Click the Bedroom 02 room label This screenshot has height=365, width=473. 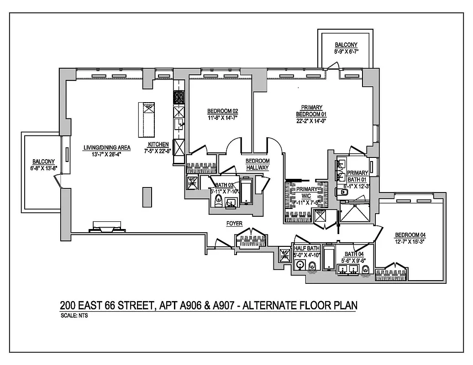[x=223, y=111]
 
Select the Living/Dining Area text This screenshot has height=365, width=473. [x=107, y=147]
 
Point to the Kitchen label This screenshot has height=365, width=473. [x=158, y=144]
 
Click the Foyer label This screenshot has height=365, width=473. [x=234, y=223]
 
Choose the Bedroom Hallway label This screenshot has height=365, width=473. [x=258, y=164]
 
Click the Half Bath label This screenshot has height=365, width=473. [x=307, y=248]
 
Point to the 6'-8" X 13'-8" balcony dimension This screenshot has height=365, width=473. [x=43, y=168]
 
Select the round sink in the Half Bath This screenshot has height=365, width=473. [x=300, y=266]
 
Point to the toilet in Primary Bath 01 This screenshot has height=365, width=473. [x=343, y=193]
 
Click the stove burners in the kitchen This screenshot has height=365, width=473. [x=178, y=98]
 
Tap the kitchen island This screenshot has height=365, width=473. [x=147, y=120]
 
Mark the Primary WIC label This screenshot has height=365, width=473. [x=306, y=192]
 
